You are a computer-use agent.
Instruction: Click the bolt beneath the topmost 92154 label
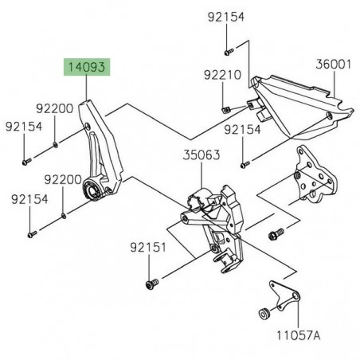(x=227, y=51)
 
